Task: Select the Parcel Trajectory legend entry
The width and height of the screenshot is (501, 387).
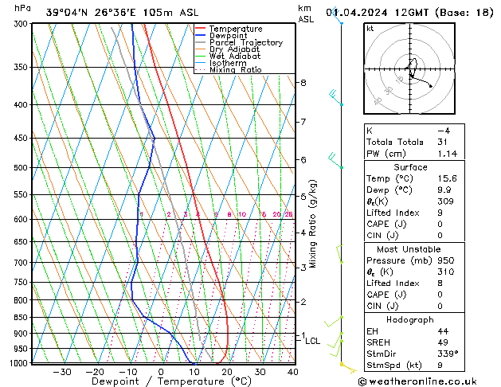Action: pos(245,43)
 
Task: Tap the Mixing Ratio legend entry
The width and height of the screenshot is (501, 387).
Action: pos(235,70)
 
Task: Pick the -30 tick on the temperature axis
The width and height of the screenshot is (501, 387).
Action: pos(61,372)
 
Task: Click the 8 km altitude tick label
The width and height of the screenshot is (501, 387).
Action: pos(303,83)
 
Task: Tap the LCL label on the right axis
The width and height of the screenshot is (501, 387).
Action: pos(313,341)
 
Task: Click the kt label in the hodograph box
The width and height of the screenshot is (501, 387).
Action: pos(370,29)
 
